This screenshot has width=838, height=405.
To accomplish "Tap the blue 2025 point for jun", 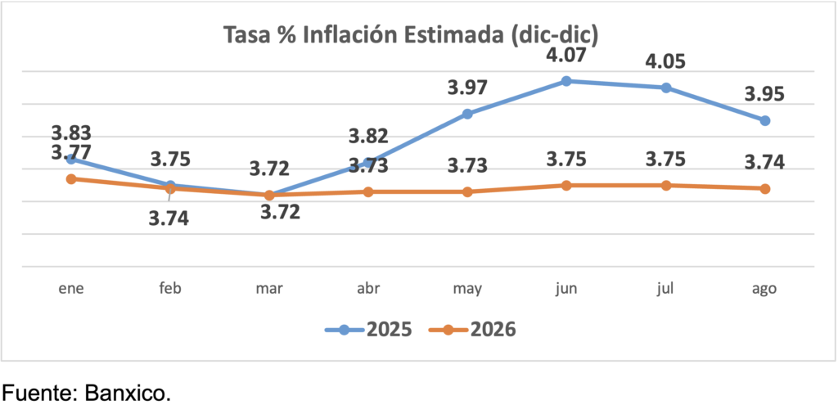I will point(566,81).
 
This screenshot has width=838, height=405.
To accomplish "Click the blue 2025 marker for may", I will point(467,114).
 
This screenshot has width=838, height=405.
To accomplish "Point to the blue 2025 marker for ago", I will point(765,120).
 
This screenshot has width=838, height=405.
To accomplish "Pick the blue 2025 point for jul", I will point(666,88).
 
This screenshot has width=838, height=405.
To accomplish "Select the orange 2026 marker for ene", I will point(71,178).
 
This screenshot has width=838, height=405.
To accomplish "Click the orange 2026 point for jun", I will point(566,185).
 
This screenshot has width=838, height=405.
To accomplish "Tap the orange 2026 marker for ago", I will point(765,188).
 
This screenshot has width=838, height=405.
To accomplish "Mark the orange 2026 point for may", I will point(467,191).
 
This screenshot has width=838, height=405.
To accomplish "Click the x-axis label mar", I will point(269,288).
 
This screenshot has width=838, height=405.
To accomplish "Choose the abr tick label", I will point(368,288).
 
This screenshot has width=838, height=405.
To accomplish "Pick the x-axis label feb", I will point(170,288).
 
